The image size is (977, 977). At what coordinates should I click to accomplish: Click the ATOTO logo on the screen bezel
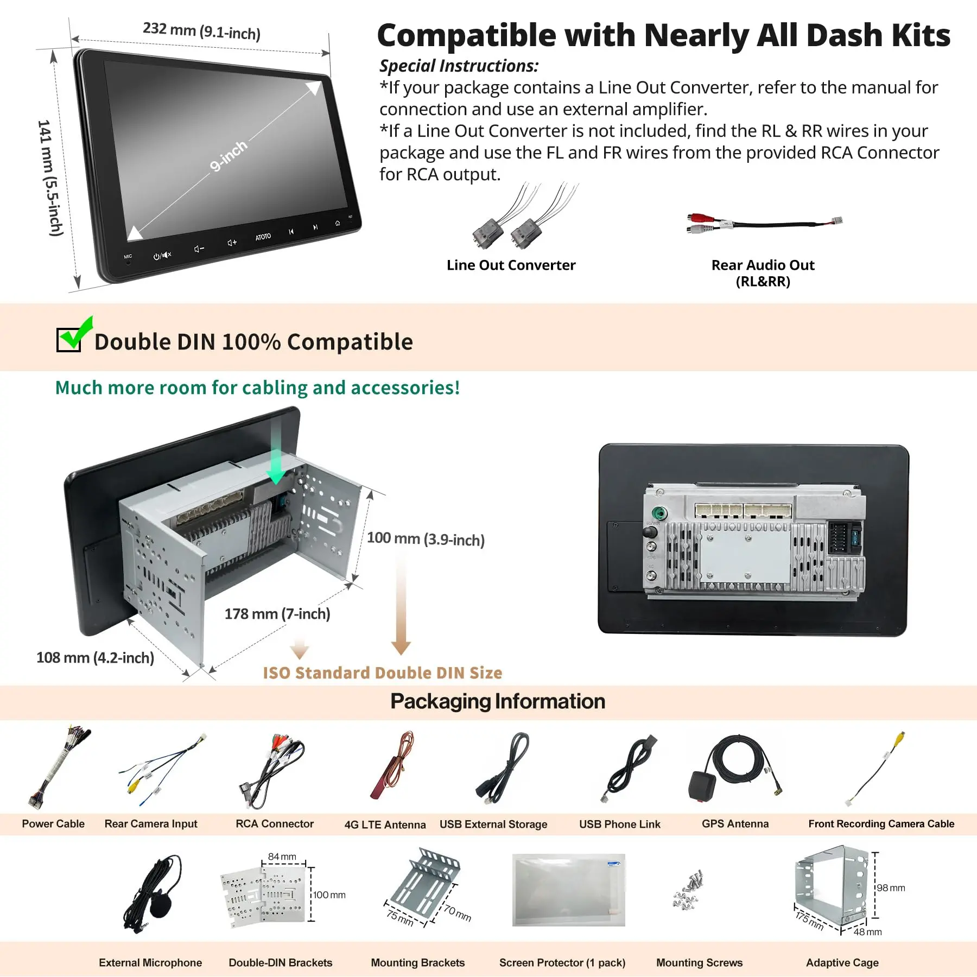click(263, 237)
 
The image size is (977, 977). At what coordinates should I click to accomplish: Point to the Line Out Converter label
click(511, 265)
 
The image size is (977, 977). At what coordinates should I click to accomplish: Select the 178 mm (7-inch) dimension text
click(277, 614)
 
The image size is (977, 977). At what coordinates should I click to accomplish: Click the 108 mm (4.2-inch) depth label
click(95, 658)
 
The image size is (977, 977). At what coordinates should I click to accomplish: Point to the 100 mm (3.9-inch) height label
click(426, 539)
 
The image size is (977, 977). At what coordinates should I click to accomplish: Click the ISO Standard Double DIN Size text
click(383, 673)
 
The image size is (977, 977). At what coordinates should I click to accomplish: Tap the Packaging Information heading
click(497, 701)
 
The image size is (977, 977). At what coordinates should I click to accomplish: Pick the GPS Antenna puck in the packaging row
click(702, 786)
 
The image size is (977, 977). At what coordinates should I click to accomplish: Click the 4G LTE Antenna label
click(385, 824)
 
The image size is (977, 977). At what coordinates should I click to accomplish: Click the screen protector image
click(568, 890)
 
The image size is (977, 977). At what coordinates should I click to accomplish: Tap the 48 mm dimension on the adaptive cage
click(867, 932)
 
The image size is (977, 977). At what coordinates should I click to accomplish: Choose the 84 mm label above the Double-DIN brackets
click(282, 857)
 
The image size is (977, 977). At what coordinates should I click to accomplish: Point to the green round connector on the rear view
click(659, 513)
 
